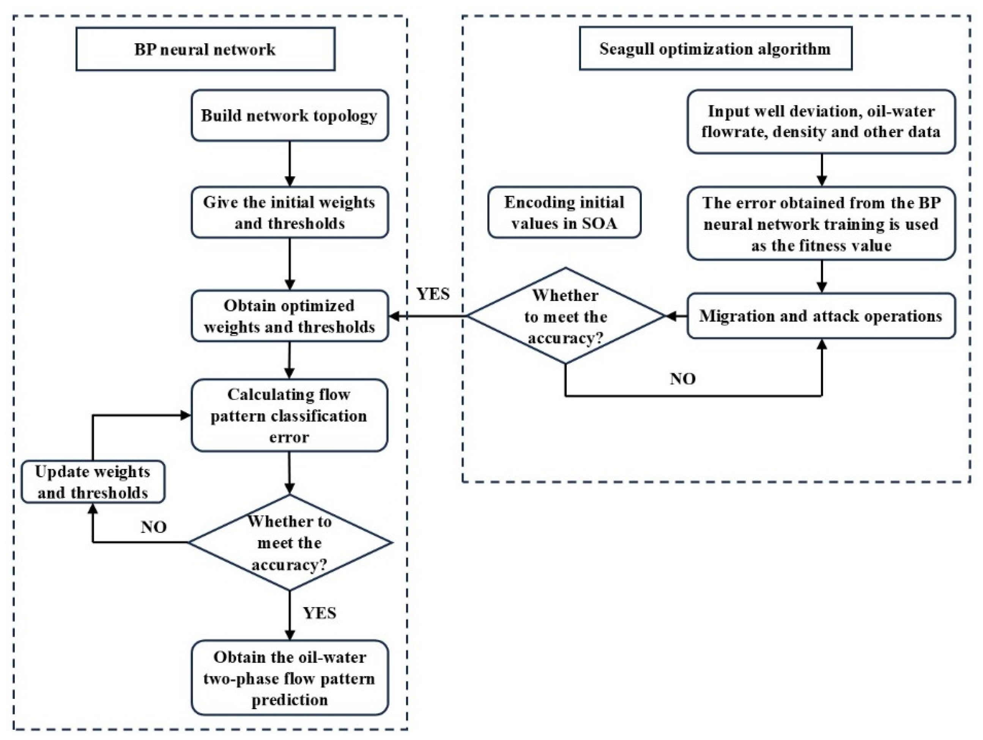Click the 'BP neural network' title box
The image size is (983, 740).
205,49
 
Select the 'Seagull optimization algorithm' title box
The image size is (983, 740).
715,48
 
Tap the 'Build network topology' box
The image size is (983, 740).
289,115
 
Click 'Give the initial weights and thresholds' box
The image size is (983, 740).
289,212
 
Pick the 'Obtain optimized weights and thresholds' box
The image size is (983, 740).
289,316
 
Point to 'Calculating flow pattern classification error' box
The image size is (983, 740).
289,415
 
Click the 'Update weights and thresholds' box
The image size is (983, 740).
93,482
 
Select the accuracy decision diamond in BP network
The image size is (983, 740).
289,543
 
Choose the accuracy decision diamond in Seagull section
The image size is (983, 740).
565,316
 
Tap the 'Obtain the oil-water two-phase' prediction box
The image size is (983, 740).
289,678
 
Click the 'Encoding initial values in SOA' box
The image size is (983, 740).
564,212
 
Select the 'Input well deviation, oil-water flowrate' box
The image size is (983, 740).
821,122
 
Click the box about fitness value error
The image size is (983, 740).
821,224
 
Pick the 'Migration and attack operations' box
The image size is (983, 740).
821,316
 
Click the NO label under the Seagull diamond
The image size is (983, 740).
682,379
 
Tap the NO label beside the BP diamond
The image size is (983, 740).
154,527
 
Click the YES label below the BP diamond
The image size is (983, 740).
320,613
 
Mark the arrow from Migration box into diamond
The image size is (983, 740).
676,316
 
